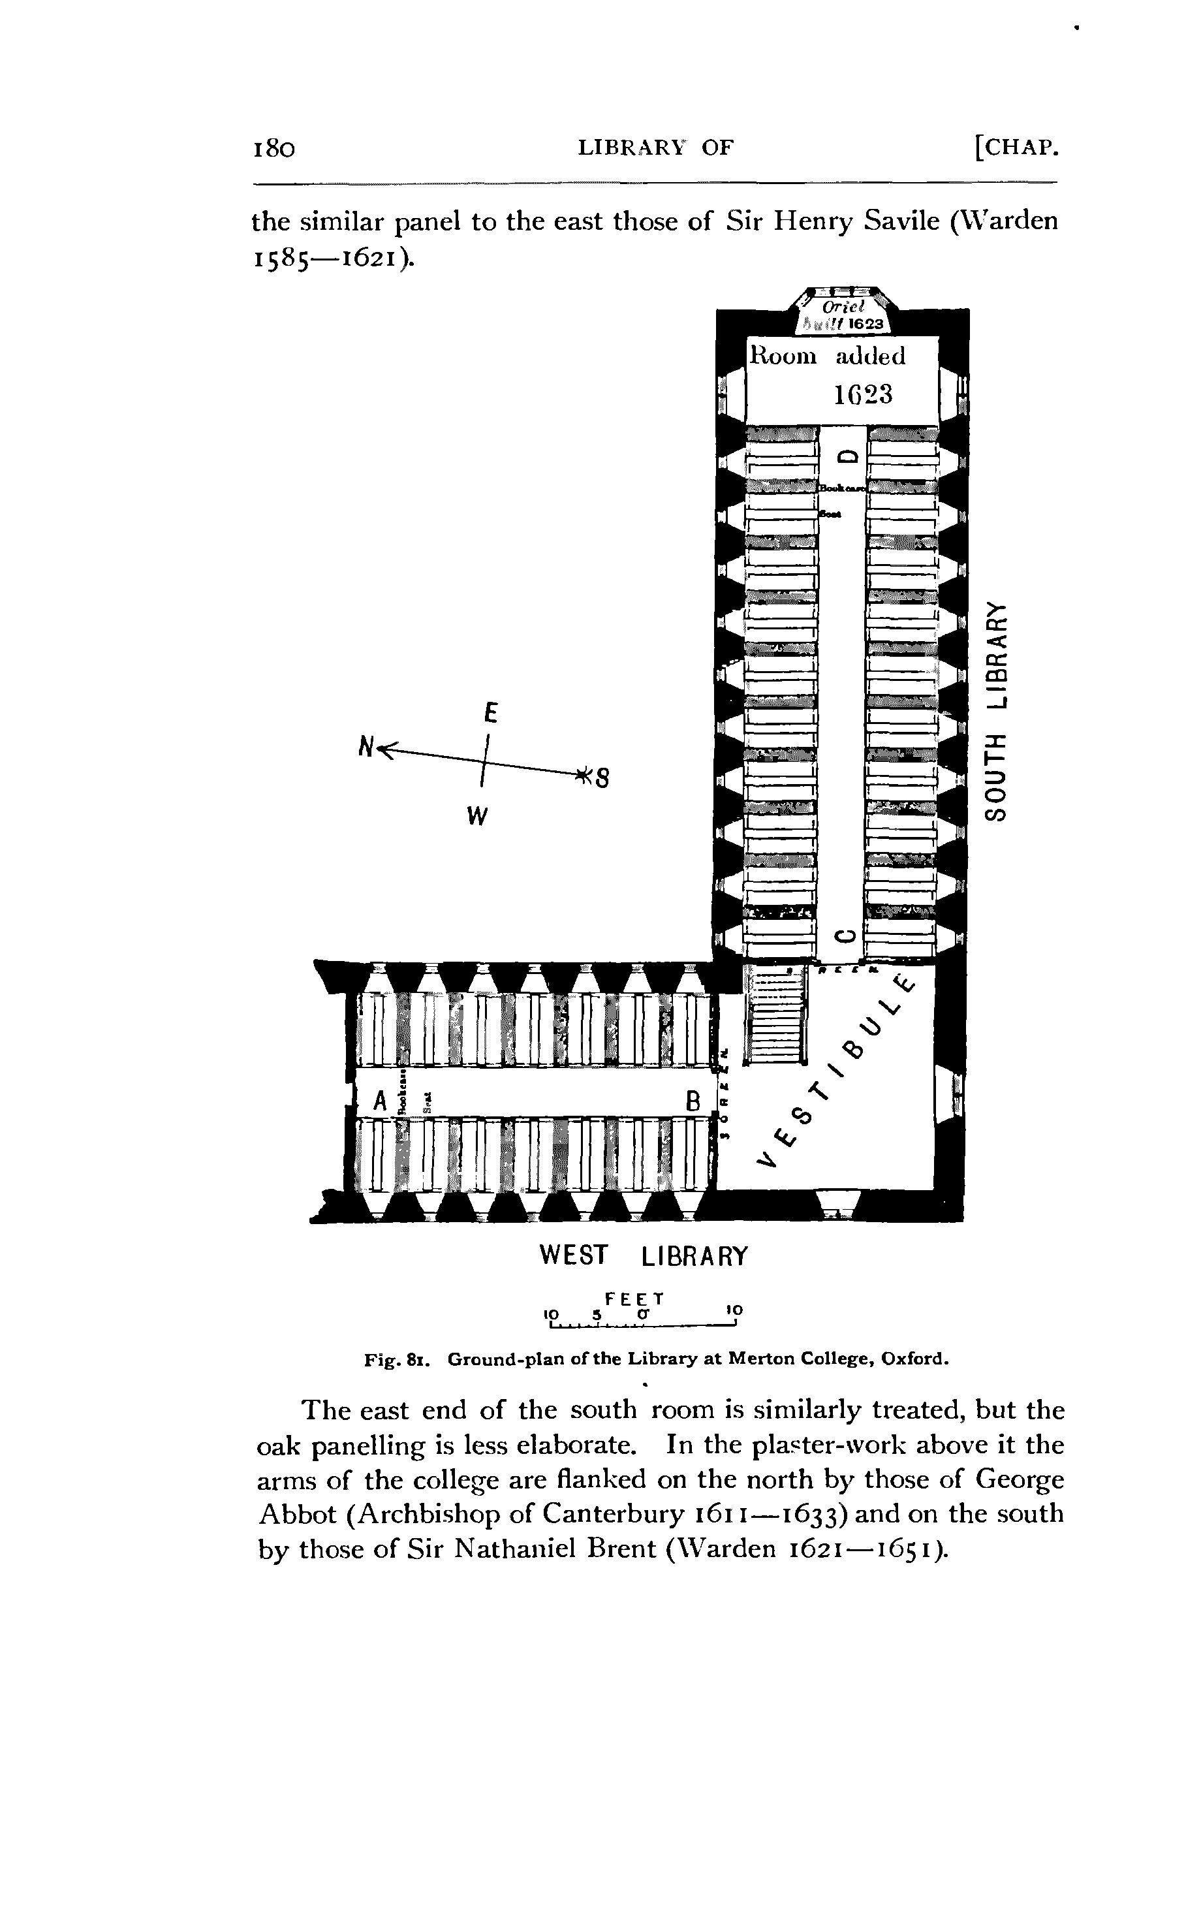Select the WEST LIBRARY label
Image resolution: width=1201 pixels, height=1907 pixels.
[643, 1255]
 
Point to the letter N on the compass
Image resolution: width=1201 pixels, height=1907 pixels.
[366, 746]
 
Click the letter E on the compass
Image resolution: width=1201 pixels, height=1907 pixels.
[491, 714]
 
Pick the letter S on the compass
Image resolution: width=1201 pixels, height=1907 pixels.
[602, 778]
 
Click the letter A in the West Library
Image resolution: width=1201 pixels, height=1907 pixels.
[380, 1101]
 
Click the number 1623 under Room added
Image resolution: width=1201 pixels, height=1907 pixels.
[863, 394]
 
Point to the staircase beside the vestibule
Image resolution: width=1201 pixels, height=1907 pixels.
[777, 1015]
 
